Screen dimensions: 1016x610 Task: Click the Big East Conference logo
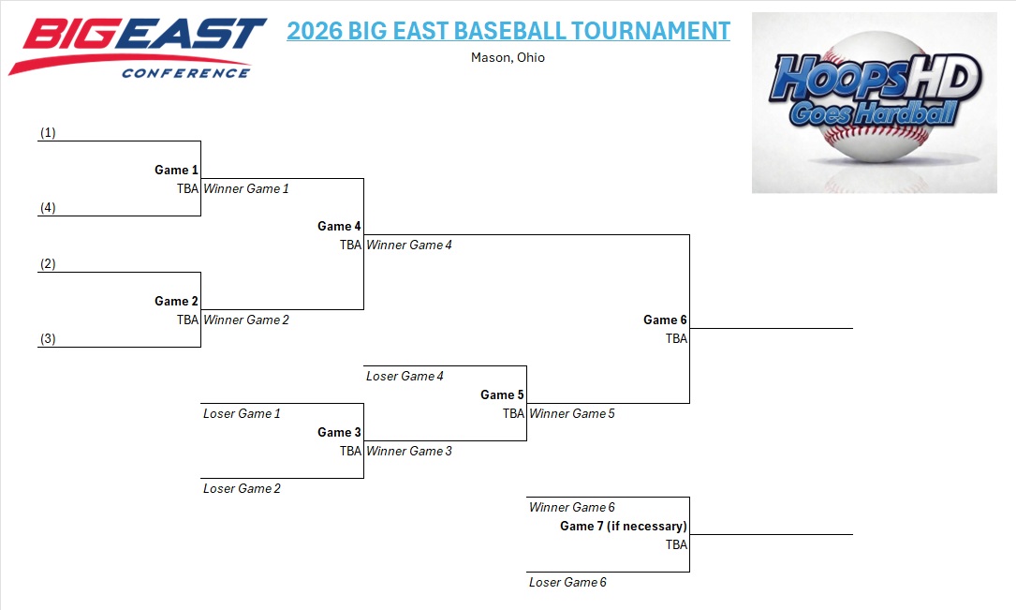(x=137, y=48)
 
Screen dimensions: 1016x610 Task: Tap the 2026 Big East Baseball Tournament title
(x=508, y=31)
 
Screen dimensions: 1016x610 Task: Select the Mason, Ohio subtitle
(x=508, y=58)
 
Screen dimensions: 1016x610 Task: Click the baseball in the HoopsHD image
(x=874, y=97)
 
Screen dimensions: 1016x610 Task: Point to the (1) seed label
(x=48, y=132)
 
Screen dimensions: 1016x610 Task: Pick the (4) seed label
(x=48, y=207)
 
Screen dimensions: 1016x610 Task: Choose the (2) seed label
(x=48, y=264)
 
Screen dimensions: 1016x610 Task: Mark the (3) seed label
(x=48, y=339)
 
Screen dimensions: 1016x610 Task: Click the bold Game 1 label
(x=176, y=170)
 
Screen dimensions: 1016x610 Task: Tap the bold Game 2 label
(x=176, y=302)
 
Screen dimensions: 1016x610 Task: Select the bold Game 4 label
(x=339, y=226)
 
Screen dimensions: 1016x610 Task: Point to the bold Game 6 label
(x=665, y=320)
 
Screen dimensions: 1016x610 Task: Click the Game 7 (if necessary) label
(x=624, y=527)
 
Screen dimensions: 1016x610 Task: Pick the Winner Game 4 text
(x=409, y=245)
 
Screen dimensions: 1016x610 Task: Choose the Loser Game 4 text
(x=405, y=376)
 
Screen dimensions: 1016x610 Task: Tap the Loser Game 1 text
(x=242, y=413)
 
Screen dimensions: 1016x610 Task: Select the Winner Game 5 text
(x=571, y=413)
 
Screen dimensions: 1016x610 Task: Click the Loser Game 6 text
(x=567, y=582)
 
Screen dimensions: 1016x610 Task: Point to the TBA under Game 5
(x=513, y=413)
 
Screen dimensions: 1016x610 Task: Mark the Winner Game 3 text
(x=409, y=452)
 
